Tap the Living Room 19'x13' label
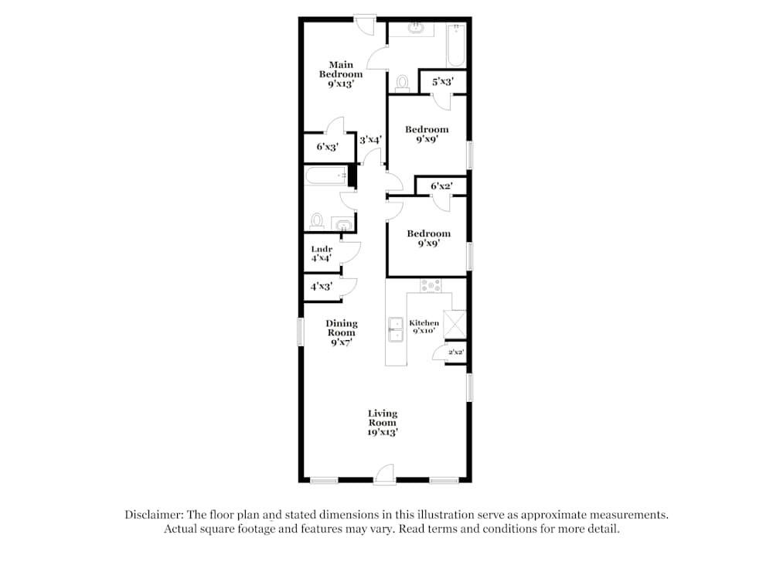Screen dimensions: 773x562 point(382,423)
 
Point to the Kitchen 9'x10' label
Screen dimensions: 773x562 point(424,326)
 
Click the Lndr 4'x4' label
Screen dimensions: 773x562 point(322,254)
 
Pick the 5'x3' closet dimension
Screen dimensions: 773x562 point(443,81)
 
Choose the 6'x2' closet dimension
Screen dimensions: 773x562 point(441,186)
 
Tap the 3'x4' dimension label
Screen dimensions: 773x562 point(370,140)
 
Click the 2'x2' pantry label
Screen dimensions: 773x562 point(456,352)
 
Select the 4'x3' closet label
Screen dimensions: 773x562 point(321,286)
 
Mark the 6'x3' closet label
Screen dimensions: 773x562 point(327,146)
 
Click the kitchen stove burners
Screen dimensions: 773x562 point(431,285)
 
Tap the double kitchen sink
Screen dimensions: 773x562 point(396,329)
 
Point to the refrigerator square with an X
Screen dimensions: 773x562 point(455,324)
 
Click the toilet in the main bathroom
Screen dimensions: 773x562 point(403,83)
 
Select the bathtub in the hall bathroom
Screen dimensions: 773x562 point(326,176)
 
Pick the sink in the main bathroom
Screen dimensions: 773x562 point(417,28)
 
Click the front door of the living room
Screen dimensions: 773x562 point(384,475)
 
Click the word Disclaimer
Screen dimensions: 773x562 point(154,515)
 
